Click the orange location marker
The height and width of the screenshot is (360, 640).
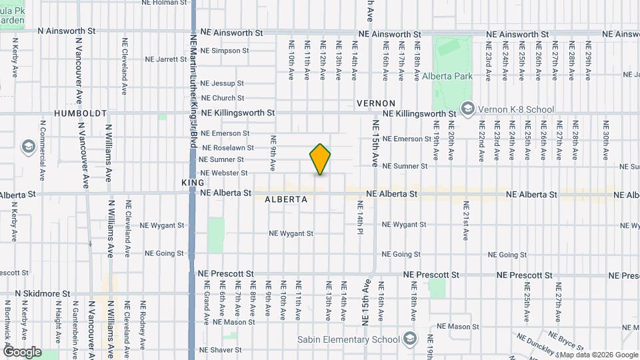(x=320, y=159)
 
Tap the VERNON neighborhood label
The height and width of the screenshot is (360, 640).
(x=376, y=103)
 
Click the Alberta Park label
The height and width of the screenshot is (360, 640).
(x=447, y=77)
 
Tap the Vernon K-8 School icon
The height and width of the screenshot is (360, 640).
(x=468, y=108)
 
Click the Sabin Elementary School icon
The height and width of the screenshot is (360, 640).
(x=409, y=339)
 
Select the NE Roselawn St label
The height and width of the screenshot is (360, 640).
(x=227, y=147)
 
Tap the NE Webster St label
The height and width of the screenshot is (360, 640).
(x=223, y=173)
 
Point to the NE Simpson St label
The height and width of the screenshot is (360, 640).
(x=225, y=50)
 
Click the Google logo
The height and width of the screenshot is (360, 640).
(x=22, y=352)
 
